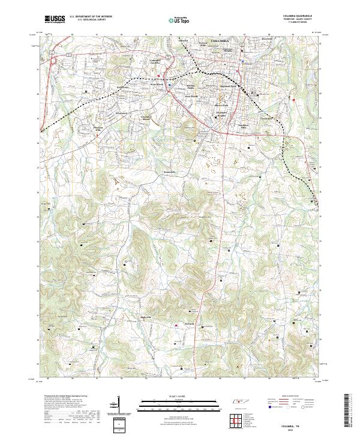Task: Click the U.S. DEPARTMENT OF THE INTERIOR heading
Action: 91,16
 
